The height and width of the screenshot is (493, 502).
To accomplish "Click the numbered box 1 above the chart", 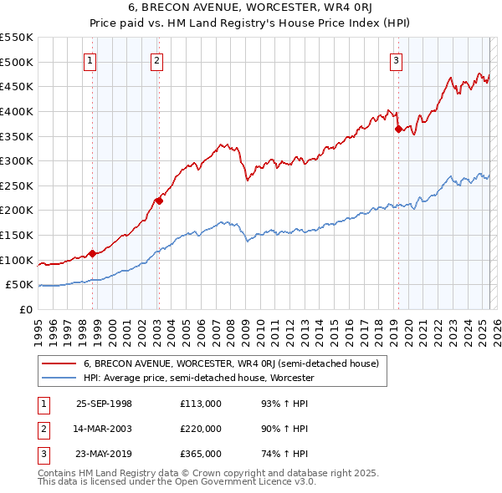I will [x=90, y=59].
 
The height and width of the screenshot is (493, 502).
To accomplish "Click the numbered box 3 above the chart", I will [x=396, y=59].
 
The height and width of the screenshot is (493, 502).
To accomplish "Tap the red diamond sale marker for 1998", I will [x=93, y=253].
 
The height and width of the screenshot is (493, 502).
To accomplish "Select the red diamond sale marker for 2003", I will [x=158, y=201].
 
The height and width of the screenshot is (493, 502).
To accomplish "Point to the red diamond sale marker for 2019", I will [x=398, y=129].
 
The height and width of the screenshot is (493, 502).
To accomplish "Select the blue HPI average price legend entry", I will [x=198, y=378].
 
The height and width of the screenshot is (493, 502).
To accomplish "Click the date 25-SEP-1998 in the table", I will [x=104, y=404].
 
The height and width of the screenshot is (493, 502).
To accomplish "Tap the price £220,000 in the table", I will [x=201, y=429].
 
